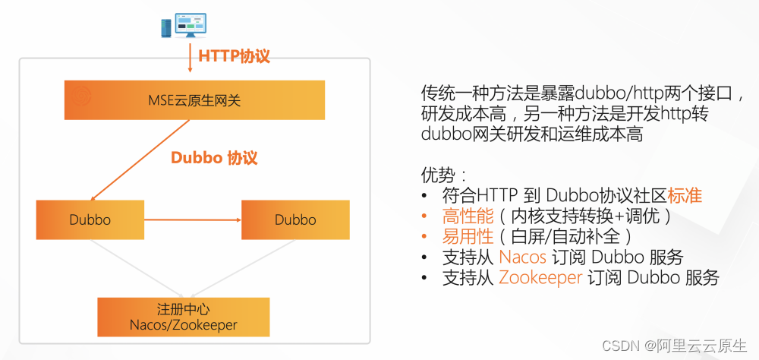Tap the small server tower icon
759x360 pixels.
pos(165,28)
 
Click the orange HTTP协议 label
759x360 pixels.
pos(234,56)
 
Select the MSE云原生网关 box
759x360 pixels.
pos(194,99)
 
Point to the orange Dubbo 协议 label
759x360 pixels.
pos(214,158)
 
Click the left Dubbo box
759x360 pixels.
pos(90,220)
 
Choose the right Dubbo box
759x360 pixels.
pos(295,220)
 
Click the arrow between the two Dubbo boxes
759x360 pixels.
pos(192,220)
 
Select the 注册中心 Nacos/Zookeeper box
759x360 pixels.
pos(184,317)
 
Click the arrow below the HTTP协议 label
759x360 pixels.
pos(189,65)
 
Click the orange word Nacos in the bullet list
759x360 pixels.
pos(523,257)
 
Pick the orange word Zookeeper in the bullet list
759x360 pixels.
pos(540,278)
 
